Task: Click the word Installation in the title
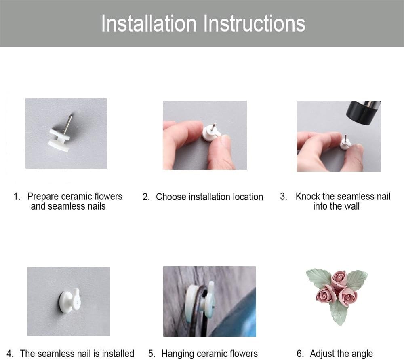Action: [x=149, y=24]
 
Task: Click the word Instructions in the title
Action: [x=255, y=24]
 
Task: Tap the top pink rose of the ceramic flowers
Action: [x=339, y=279]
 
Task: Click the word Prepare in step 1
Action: [x=43, y=197]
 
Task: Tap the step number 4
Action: [x=10, y=354]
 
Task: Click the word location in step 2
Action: [x=248, y=197]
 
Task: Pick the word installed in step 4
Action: [x=118, y=353]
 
